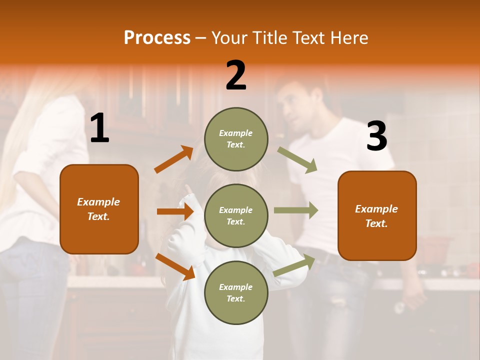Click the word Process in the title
[157, 38]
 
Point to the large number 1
[99, 128]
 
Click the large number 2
[236, 75]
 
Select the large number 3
[376, 136]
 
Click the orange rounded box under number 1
[99, 209]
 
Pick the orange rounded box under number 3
[377, 215]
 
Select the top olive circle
[236, 139]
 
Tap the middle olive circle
[236, 215]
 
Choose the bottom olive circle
[236, 292]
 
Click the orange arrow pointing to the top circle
[173, 159]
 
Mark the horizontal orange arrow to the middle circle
[175, 211]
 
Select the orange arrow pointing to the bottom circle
[175, 266]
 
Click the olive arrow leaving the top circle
[297, 159]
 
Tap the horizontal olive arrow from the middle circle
[296, 210]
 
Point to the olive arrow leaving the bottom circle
[294, 265]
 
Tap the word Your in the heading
[227, 38]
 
